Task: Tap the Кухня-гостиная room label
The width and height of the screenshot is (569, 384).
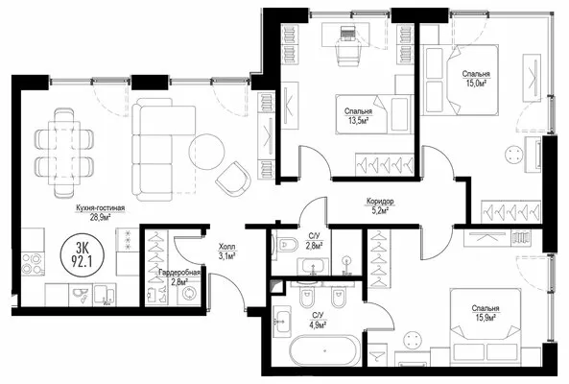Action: pos(100,208)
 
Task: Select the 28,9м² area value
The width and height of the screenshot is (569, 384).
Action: pos(100,217)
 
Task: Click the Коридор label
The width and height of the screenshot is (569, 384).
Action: pos(380,201)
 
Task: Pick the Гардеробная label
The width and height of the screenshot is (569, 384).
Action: pos(179,273)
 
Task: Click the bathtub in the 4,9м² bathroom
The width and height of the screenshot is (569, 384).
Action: pos(324,350)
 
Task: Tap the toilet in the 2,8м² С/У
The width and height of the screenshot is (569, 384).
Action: pos(286,245)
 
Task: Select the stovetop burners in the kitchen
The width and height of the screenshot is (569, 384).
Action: pos(33,264)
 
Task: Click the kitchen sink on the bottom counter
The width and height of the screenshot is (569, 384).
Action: pos(81,295)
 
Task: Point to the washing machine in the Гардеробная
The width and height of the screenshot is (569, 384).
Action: pos(189,293)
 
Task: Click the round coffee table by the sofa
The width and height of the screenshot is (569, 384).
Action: pos(207,152)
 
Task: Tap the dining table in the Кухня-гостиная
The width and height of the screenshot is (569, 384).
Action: pos(64,152)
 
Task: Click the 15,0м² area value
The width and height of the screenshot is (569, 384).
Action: pos(476,84)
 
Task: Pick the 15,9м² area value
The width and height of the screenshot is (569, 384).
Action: pos(486,318)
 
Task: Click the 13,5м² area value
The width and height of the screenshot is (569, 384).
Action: pos(359,120)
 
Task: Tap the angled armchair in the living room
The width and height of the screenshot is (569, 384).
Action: pos(233,179)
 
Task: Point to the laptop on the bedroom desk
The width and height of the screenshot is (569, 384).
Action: pos(347,34)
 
